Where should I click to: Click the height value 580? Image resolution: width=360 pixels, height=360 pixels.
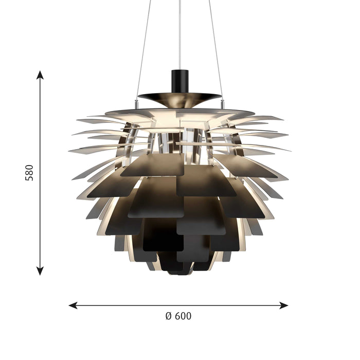click(29, 173)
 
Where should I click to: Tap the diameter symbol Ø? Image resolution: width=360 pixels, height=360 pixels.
click(168, 316)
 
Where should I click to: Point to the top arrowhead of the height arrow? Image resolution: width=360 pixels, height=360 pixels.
click(40, 75)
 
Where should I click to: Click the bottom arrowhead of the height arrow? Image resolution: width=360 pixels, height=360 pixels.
click(40, 271)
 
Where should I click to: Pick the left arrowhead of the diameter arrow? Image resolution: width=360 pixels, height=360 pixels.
click(73, 305)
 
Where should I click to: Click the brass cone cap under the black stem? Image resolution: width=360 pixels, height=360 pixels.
click(180, 97)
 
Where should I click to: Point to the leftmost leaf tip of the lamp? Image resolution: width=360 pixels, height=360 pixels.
click(70, 151)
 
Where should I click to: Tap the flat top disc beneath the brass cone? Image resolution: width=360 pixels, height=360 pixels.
click(180, 112)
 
